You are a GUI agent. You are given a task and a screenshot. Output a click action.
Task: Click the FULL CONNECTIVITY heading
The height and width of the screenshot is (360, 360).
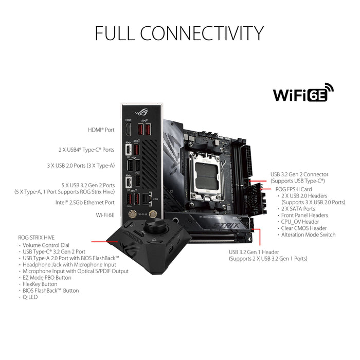pyautogui.click(x=179, y=33)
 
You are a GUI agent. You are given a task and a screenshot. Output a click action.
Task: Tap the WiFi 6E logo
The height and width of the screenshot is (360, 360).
pyautogui.click(x=303, y=94)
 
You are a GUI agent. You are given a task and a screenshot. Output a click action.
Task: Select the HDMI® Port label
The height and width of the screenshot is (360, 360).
pyautogui.click(x=102, y=130)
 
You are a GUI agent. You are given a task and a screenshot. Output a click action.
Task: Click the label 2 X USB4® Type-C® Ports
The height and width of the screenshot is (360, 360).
pyautogui.click(x=86, y=150)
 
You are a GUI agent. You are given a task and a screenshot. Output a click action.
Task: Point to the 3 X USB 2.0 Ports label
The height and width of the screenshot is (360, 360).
pyautogui.click(x=88, y=166)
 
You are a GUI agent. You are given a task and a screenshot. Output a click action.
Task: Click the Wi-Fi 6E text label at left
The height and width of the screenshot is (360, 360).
pyautogui.click(x=104, y=214)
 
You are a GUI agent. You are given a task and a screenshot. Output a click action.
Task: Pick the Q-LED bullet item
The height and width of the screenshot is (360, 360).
pyautogui.click(x=29, y=297)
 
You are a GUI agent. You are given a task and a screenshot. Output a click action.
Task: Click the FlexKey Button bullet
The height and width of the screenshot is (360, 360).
pyautogui.click(x=40, y=284)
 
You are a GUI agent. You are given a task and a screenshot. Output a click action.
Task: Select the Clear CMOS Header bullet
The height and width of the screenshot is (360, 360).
pyautogui.click(x=304, y=228)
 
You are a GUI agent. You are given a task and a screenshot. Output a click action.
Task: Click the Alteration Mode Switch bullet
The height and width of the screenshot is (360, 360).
pyautogui.click(x=308, y=235)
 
